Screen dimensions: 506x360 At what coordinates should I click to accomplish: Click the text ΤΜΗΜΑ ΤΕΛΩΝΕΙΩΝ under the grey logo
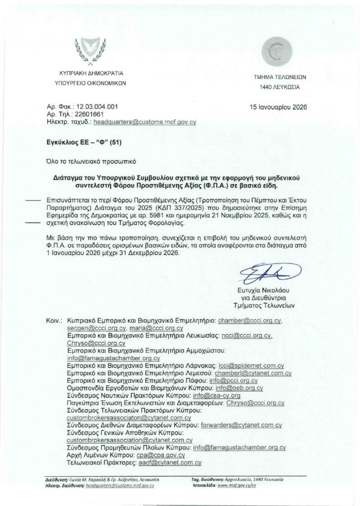point(280,78)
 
